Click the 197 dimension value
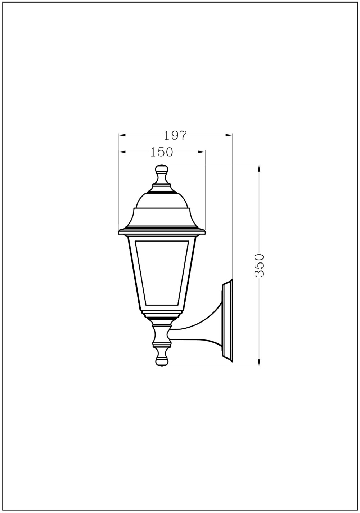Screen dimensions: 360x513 (175, 136)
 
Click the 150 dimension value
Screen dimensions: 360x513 (161, 152)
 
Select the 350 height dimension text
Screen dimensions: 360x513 (260, 265)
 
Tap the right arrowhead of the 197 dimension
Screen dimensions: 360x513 (229, 135)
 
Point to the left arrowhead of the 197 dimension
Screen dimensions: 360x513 (122, 135)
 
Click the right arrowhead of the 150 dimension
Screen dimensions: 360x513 (201, 152)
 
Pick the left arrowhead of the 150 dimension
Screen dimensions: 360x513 (122, 152)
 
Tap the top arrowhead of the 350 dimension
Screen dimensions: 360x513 (259, 168)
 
